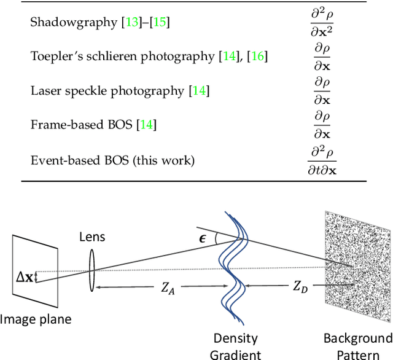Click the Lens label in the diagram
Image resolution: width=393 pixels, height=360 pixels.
pos(91,237)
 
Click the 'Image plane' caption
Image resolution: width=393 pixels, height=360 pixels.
pos(36,319)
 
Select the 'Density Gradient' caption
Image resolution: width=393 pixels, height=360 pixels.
pos(235,346)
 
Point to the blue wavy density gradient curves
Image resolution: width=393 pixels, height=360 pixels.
pos(235,270)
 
